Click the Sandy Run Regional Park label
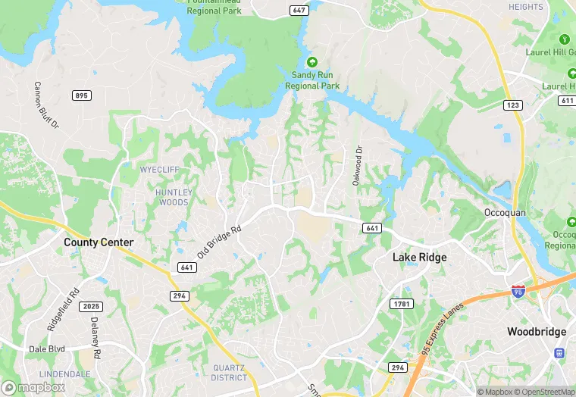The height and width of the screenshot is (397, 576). (x=311, y=80)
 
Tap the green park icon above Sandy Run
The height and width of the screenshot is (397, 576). (x=311, y=62)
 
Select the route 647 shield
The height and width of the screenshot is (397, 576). (x=299, y=10)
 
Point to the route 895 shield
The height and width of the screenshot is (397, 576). (x=82, y=95)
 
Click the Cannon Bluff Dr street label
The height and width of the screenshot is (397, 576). (x=46, y=105)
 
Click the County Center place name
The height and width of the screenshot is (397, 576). (x=99, y=242)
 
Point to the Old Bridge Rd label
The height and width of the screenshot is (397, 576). (x=219, y=241)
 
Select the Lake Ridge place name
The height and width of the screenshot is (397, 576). (x=419, y=258)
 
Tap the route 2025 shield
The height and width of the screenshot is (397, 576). (x=89, y=306)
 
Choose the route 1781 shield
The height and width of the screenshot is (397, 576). (x=402, y=303)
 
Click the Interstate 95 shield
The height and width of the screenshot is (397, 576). (x=518, y=291)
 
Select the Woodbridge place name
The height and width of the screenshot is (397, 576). (x=537, y=332)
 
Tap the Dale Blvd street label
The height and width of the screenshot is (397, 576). (x=45, y=349)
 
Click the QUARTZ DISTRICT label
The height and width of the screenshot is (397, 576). (x=229, y=372)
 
